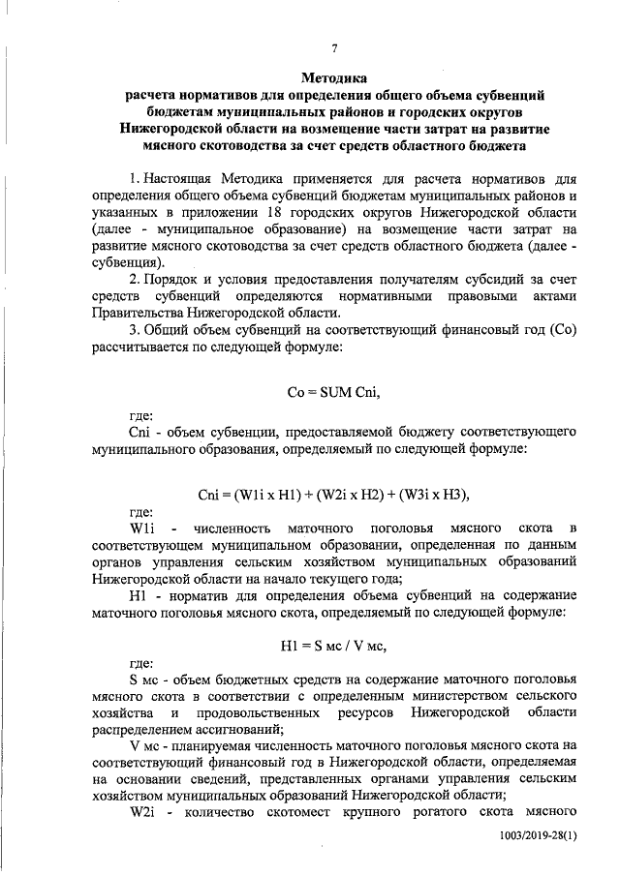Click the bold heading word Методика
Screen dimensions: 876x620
(x=334, y=77)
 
